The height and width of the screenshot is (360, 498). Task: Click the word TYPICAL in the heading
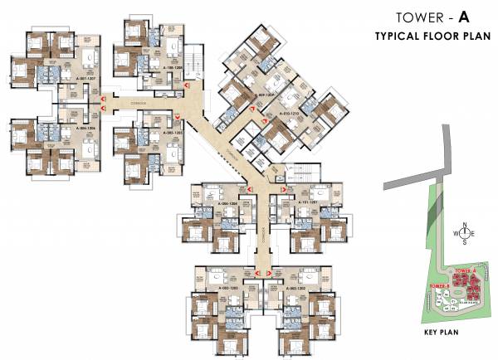tap(394, 36)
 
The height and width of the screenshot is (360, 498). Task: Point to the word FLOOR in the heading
tap(435, 36)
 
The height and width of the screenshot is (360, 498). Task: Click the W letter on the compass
tap(455, 233)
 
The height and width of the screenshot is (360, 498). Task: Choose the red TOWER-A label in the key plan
tap(465, 271)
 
